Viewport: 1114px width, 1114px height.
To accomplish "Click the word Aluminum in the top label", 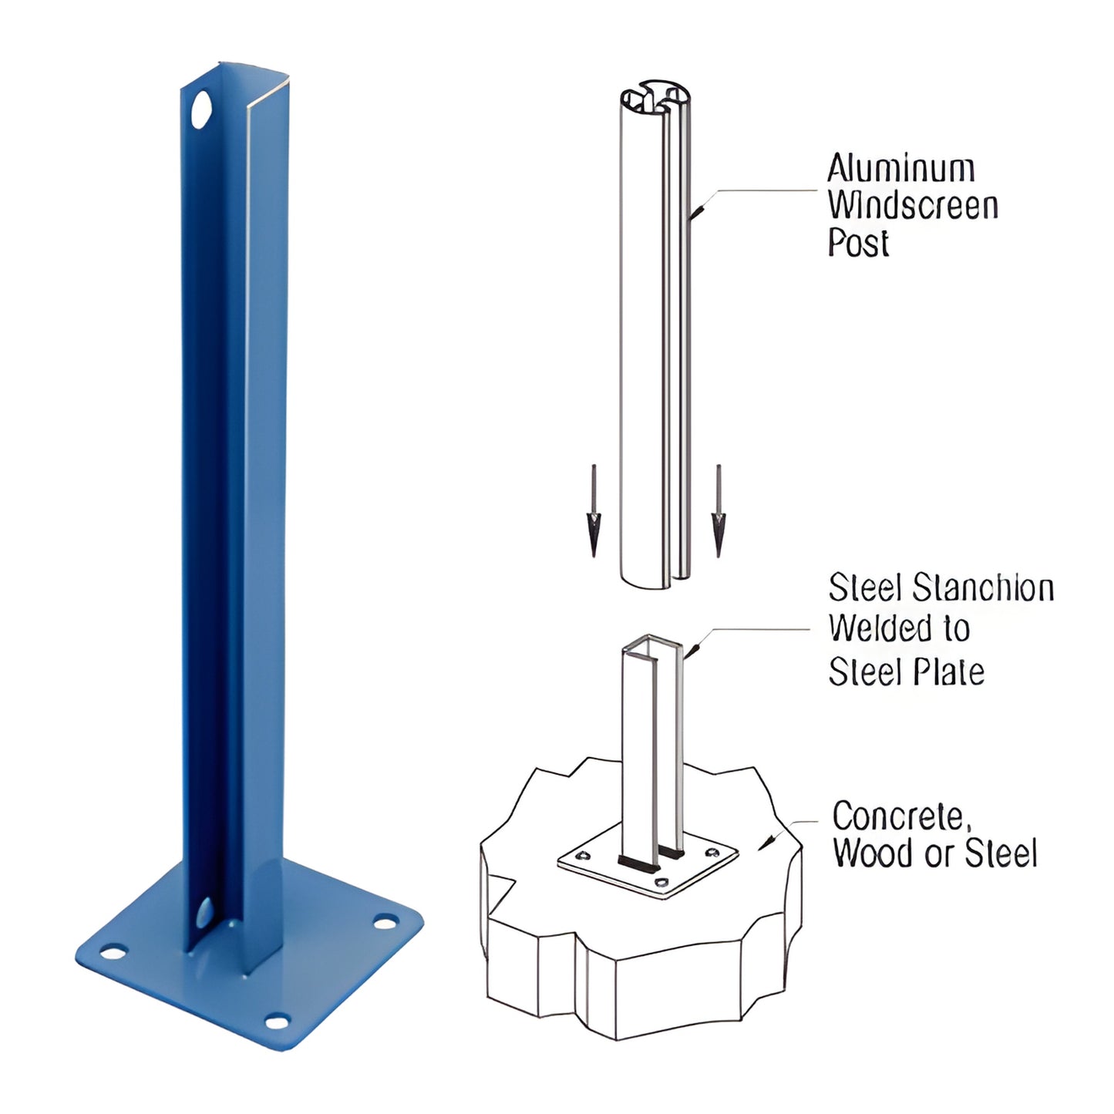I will pos(900,169).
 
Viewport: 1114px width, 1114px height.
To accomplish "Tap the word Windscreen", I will pos(913,206).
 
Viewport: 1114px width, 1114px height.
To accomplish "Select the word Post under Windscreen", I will pos(858,243).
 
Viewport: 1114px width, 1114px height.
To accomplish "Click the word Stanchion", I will pos(984,589).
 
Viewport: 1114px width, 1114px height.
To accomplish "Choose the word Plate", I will pos(947,671).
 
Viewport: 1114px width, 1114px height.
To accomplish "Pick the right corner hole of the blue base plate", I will pos(385,921).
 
